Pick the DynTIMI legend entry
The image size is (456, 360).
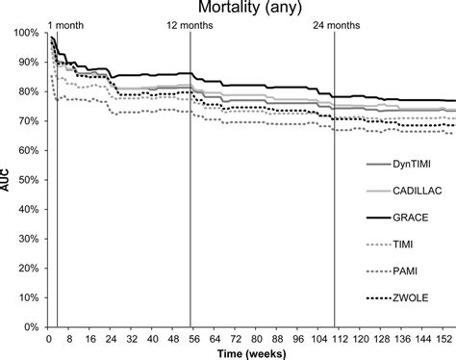[x=415, y=166]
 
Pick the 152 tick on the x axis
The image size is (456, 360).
[x=446, y=338]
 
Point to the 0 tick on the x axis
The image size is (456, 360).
[x=49, y=338]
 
